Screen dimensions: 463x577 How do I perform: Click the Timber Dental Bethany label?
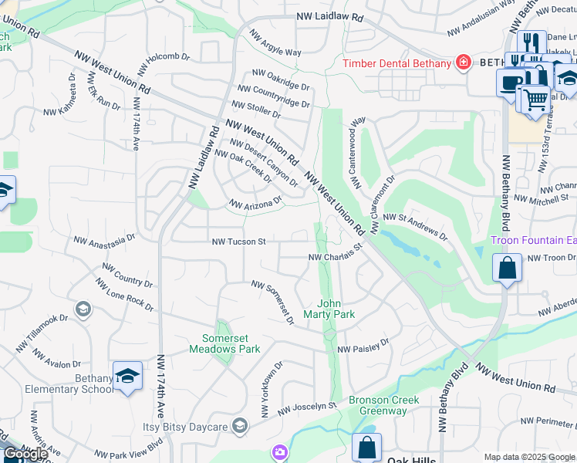tap(396, 63)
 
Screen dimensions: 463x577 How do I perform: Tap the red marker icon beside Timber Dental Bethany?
tap(463, 63)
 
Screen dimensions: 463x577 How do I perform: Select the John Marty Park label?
tap(334, 309)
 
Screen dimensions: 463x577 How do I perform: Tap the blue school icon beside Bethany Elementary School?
tap(127, 376)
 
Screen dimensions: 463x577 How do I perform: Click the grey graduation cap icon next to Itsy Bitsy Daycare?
tap(240, 426)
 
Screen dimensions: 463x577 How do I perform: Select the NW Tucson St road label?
tap(239, 242)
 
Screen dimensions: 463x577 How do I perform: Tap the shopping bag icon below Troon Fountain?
tap(508, 269)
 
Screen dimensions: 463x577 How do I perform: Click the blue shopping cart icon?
tap(535, 98)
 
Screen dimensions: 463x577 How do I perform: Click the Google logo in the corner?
tap(25, 454)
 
